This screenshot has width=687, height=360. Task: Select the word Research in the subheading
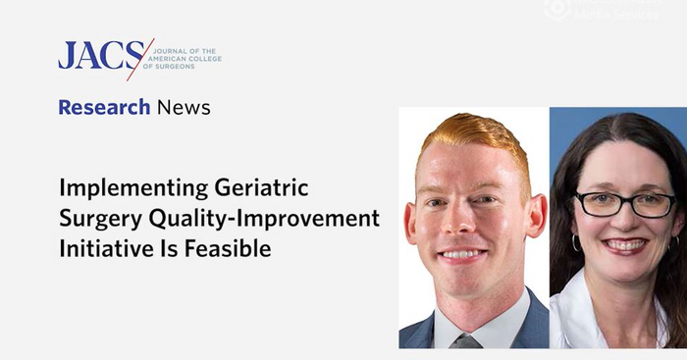click(103, 107)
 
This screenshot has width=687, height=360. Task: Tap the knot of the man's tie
click(467, 341)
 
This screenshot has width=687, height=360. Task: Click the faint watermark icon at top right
click(557, 8)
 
